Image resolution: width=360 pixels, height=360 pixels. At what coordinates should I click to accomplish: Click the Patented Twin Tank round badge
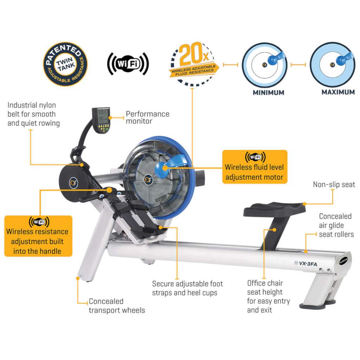point(65,64)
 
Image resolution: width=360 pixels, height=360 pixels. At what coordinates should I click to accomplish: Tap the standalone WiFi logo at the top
point(128,64)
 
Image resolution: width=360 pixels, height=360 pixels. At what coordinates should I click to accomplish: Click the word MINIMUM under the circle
point(268,93)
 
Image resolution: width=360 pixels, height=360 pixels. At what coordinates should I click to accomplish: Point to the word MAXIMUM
point(338,92)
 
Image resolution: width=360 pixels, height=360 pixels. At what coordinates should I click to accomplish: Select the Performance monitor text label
point(148,117)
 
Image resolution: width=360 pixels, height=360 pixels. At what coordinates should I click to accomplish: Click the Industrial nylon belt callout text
point(33,114)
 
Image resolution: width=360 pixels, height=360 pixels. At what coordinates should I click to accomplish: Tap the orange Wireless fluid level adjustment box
point(255,167)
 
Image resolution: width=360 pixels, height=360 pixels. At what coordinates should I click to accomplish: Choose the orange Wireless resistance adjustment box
point(38,236)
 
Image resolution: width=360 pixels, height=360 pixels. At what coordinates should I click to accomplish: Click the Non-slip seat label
point(334,185)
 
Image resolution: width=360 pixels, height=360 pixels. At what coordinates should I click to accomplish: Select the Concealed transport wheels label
point(116,306)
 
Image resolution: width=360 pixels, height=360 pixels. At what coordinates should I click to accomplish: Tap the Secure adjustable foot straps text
point(187,288)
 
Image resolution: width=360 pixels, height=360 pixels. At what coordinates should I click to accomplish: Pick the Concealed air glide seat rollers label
point(336,225)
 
